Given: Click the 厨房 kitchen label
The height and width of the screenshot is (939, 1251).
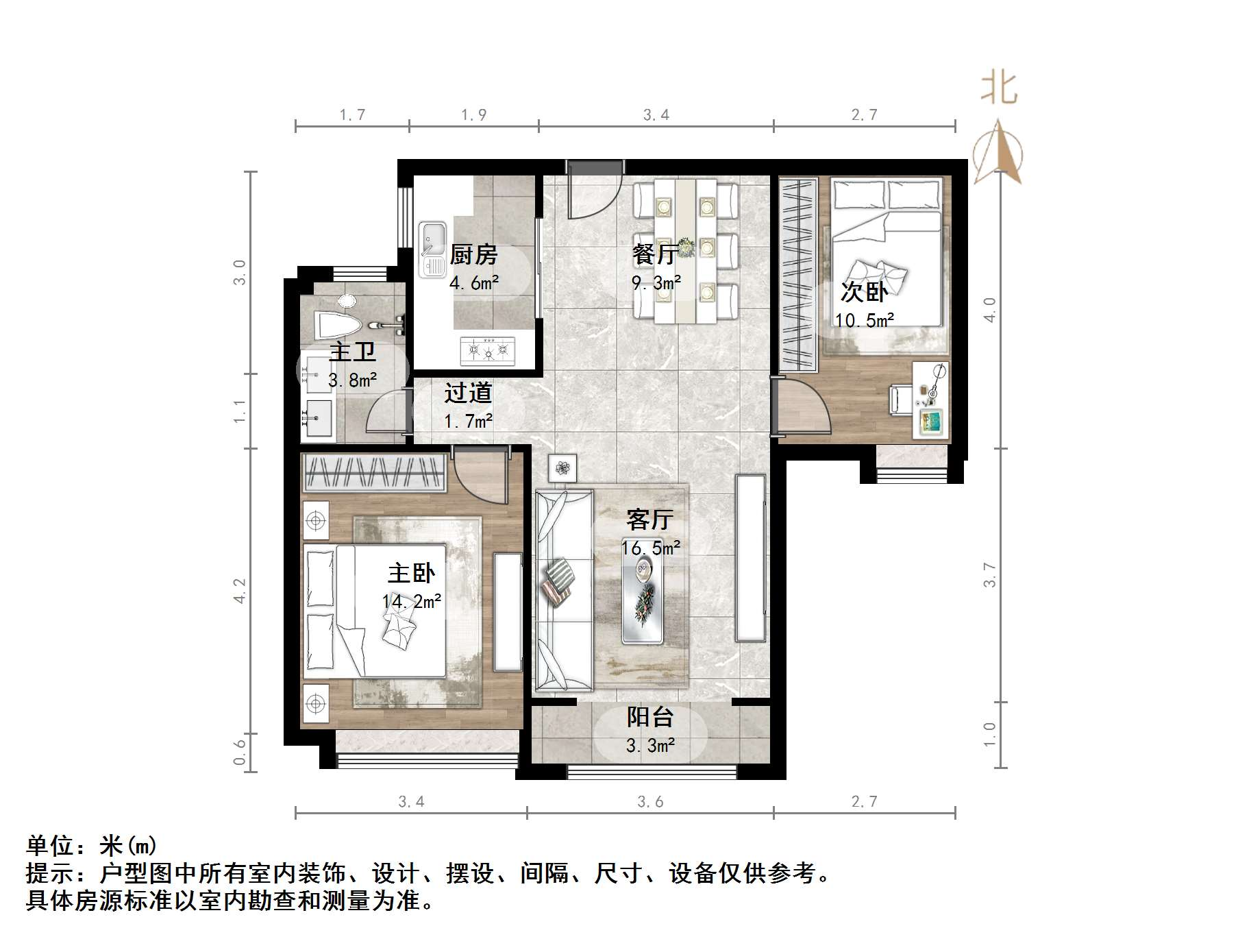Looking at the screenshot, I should [473, 255].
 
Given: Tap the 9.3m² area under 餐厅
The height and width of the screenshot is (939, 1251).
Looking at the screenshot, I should [656, 282].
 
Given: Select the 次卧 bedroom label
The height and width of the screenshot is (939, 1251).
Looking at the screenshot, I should [864, 292].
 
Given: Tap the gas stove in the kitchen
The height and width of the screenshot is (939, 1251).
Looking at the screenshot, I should [488, 351].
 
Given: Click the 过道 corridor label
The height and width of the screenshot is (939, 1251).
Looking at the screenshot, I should [468, 393].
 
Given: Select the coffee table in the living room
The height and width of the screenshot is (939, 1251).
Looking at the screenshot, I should [643, 596].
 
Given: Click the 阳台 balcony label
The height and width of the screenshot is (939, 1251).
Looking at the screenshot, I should [649, 717].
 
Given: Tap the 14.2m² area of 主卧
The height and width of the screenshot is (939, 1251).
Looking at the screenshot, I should [411, 602].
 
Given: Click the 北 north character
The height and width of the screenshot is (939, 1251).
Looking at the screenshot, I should [999, 89].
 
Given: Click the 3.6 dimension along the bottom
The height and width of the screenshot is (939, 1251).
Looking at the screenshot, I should [649, 801].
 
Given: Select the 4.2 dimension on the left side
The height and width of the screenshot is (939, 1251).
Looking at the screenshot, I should [239, 590].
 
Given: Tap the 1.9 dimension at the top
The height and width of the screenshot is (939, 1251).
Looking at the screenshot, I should [473, 114].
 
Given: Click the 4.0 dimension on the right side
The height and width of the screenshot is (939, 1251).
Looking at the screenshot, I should [989, 310].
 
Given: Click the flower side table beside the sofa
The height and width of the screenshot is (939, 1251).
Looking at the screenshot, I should [562, 469].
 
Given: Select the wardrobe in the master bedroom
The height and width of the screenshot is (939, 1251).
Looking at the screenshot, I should [374, 473].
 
